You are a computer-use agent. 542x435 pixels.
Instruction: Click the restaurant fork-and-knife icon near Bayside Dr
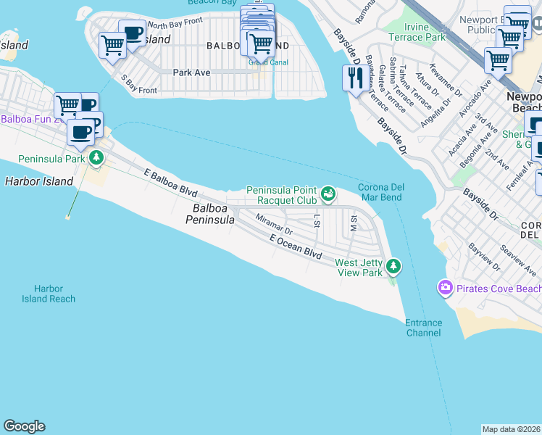[354, 78]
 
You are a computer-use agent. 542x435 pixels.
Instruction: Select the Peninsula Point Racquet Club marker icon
[329, 193]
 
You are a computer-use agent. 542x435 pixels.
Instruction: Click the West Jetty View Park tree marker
[393, 267]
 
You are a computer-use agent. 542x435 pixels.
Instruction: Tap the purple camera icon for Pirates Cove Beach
[445, 289]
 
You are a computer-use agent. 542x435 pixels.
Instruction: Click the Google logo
[24, 426]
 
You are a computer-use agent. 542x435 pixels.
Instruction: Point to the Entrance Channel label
[423, 328]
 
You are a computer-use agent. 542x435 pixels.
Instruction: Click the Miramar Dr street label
[273, 224]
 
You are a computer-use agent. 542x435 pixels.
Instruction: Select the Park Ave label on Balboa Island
[191, 72]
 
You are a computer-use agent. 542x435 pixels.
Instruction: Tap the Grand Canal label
[268, 62]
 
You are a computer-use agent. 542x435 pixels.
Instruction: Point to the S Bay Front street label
[138, 84]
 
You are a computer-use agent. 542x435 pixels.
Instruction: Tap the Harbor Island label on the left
[39, 181]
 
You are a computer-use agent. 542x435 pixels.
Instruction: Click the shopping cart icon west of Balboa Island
[112, 46]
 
